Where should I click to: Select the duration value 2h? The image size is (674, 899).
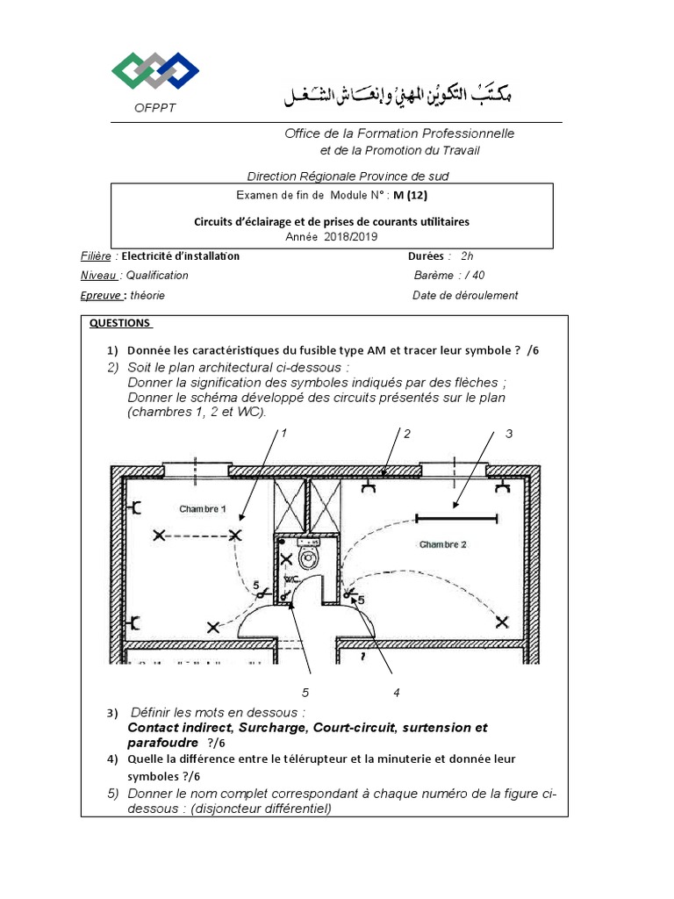tap(467, 256)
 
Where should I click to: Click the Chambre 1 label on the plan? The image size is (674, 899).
tap(202, 509)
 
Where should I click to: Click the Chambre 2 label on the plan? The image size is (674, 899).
tap(442, 544)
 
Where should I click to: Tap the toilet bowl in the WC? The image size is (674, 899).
tap(308, 557)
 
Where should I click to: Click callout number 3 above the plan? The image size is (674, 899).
tap(508, 434)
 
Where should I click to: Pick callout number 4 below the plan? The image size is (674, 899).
tap(397, 693)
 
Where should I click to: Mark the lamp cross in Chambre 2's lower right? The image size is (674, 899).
tap(502, 622)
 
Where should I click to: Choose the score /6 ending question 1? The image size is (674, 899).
tap(534, 349)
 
